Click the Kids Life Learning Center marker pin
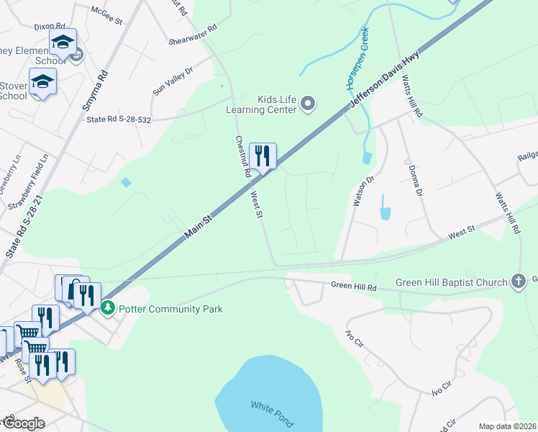click(x=308, y=104)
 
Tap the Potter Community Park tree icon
click(x=108, y=308)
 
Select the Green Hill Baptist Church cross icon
click(x=519, y=282)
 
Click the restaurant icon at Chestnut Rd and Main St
click(x=263, y=156)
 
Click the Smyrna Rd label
click(x=95, y=90)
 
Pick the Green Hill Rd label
click(x=354, y=287)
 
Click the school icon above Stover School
click(x=42, y=81)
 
